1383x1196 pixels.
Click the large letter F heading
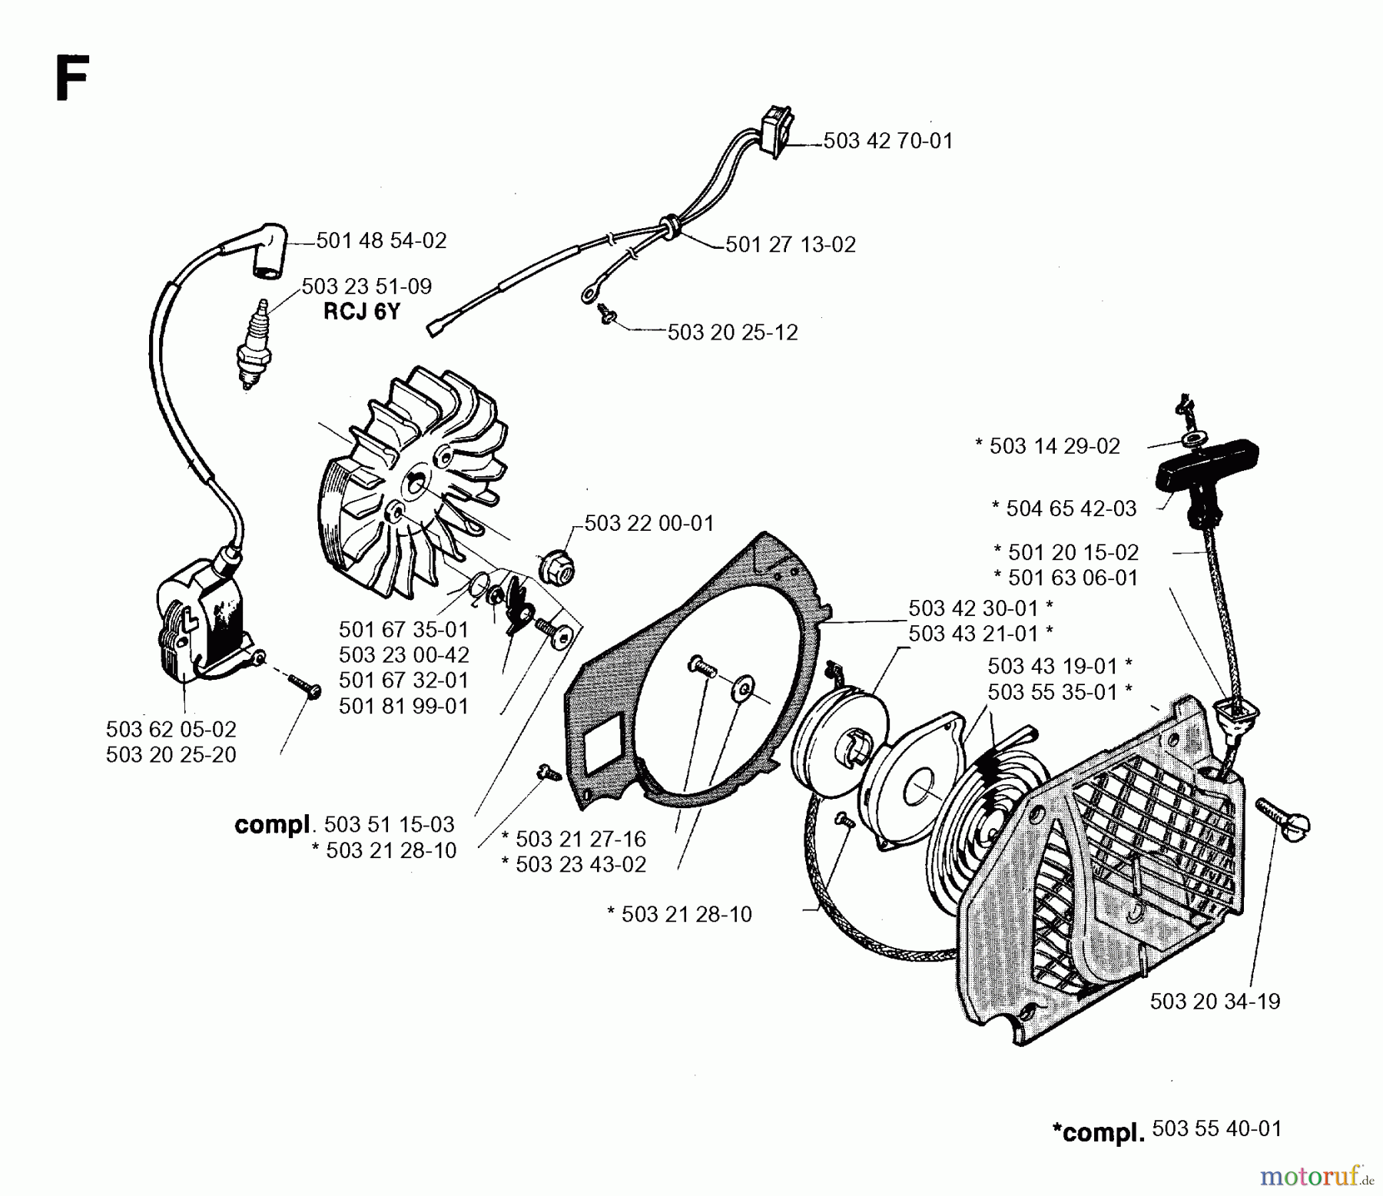point(71,81)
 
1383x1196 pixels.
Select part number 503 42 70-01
point(887,141)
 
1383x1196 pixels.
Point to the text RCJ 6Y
point(361,312)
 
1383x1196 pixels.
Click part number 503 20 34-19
point(1215,1002)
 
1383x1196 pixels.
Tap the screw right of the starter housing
point(1282,818)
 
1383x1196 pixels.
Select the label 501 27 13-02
point(790,244)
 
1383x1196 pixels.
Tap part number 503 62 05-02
point(171,729)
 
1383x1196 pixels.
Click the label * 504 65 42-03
point(1063,509)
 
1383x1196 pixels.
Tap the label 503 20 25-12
point(732,332)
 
